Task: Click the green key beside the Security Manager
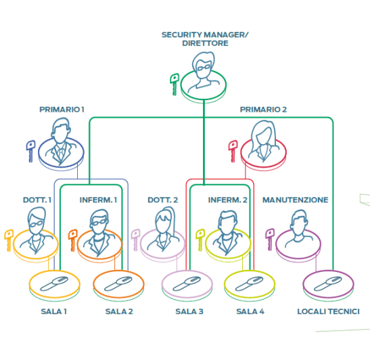coord(175,84)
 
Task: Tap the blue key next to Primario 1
coord(30,151)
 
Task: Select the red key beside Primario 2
coord(233,151)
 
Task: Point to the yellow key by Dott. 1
coord(9,240)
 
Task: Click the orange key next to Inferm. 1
coord(72,240)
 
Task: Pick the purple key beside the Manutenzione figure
coord(270,240)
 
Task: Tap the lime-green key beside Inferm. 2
coord(200,240)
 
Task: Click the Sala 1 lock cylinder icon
coord(54,284)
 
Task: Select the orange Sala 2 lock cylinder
coord(118,284)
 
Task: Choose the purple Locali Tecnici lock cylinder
coord(328,284)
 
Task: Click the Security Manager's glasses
coord(204,68)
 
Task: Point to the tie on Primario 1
coord(61,154)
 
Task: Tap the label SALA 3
coord(189,311)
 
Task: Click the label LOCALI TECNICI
coord(328,311)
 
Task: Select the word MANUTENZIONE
coord(295,200)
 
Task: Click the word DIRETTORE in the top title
coord(205,43)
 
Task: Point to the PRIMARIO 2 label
coord(263,110)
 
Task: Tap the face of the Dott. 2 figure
coord(162,223)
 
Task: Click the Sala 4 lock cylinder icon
coord(250,284)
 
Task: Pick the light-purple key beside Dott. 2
coord(135,240)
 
